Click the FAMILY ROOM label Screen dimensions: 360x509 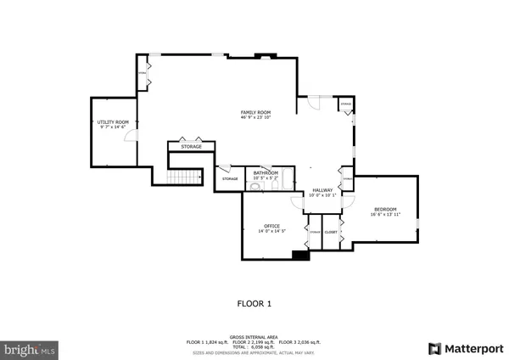[255, 111]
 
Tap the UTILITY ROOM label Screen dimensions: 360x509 [113, 122]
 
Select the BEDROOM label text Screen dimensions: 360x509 [384, 210]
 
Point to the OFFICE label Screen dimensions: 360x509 [271, 226]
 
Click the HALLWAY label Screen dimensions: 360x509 [322, 190]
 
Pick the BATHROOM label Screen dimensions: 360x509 [265, 172]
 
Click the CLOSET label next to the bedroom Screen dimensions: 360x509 [331, 232]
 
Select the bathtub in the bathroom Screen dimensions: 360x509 [285, 179]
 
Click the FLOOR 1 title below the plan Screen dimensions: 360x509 [254, 302]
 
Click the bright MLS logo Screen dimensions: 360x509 [30, 348]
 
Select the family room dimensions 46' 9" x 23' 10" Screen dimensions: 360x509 [255, 117]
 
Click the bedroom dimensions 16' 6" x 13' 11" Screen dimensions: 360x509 [384, 215]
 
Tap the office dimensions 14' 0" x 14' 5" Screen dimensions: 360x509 [271, 231]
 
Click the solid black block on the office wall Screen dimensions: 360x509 [299, 254]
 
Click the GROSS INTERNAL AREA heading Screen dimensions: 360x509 [255, 337]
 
